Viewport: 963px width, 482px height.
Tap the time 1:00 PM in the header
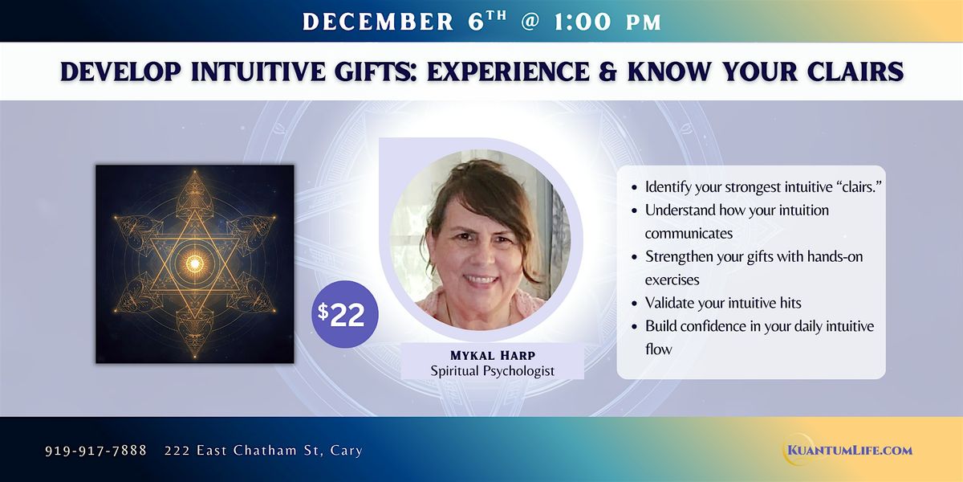603,22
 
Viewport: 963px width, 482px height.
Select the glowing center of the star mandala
195,262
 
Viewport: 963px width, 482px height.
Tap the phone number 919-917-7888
95,451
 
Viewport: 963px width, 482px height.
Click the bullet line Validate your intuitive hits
723,303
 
